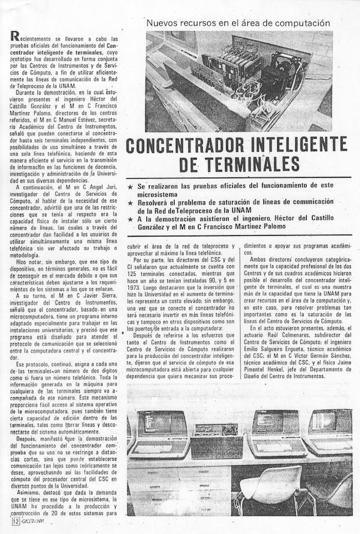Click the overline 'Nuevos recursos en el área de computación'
pyautogui.click(x=238, y=23)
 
